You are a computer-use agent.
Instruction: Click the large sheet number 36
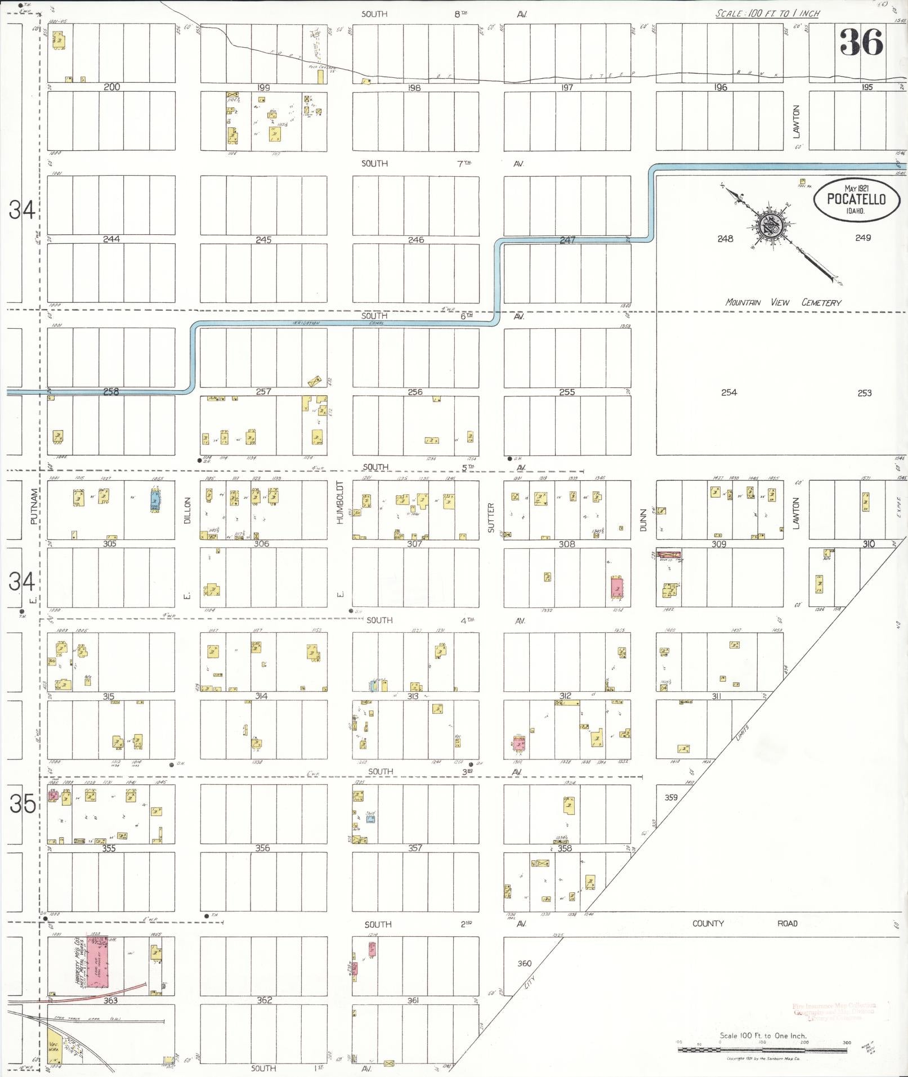coord(861,42)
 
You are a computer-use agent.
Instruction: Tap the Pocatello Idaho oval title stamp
coord(855,200)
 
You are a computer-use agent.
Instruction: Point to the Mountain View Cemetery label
coord(783,302)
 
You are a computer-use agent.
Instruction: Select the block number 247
coord(567,240)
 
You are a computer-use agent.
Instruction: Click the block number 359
coord(671,797)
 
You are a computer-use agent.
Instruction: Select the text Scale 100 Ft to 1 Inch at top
coord(767,14)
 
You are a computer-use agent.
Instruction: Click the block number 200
coord(111,87)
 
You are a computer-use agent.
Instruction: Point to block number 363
coord(110,1000)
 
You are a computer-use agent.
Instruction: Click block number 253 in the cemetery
coord(864,393)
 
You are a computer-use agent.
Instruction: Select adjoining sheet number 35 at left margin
coord(22,805)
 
